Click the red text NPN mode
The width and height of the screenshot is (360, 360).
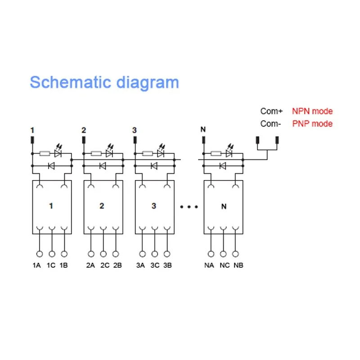tap(312, 111)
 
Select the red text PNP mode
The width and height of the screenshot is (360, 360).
tap(312, 124)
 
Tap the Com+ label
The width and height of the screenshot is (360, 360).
tap(271, 111)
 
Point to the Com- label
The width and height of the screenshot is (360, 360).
tap(271, 124)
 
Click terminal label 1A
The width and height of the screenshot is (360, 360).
tap(37, 265)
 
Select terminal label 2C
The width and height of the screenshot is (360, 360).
tap(104, 265)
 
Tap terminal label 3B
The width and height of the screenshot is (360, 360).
tap(167, 265)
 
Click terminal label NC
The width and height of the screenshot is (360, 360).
tap(225, 265)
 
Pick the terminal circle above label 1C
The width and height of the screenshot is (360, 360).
tap(52, 254)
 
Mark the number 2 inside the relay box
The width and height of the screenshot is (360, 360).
tap(102, 206)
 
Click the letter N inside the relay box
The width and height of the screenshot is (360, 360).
tap(224, 207)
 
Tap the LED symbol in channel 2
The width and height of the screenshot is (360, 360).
tap(108, 153)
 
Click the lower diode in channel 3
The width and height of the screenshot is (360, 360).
tap(154, 166)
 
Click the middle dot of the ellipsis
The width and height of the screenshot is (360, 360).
tap(189, 207)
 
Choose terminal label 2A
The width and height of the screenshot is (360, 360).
tap(90, 265)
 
